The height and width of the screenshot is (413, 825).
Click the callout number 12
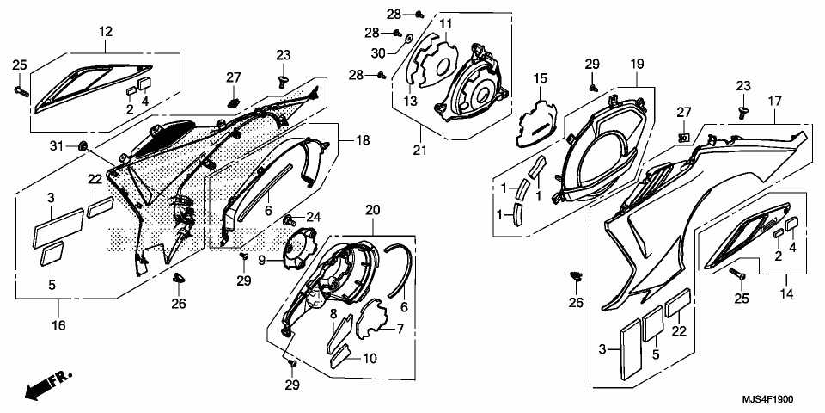(106, 32)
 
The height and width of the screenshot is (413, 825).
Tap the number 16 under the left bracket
(58, 325)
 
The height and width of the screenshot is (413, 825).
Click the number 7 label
(399, 329)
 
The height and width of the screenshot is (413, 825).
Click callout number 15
(540, 78)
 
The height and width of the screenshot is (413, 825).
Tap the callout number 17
(774, 101)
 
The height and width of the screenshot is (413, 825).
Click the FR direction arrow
(47, 385)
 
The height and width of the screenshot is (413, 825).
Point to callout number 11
(446, 23)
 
